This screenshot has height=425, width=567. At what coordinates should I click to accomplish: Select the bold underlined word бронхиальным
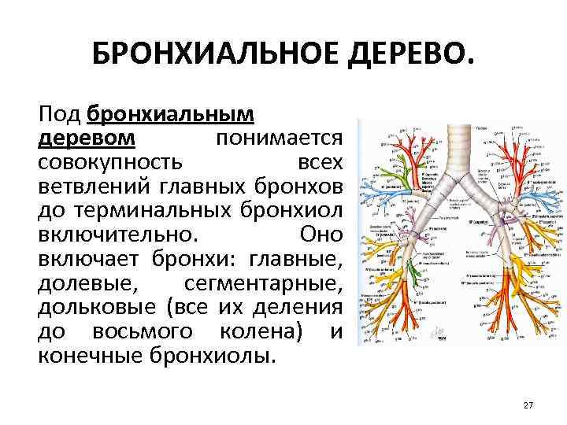pos(171,114)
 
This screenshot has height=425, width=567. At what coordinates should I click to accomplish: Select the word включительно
pos(114,235)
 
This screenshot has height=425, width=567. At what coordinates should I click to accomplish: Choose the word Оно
pos(321,235)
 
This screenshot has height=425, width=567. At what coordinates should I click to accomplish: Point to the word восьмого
pos(149,331)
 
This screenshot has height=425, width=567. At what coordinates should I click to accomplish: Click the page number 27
pos(528,405)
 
